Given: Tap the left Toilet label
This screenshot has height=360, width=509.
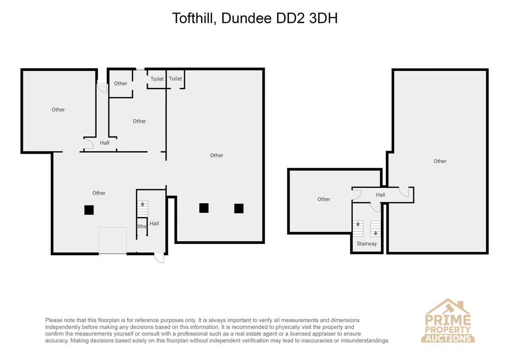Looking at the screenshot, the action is point(157,79).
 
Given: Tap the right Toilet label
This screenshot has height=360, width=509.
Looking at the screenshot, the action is point(175,79).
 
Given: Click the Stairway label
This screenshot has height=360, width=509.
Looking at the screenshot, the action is point(367,244).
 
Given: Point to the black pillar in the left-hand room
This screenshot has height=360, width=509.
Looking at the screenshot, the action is point(89,210).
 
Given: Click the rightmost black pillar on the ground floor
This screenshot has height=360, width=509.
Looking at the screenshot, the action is point(239,208).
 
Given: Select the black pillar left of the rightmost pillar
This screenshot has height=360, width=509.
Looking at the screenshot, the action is point(204,208).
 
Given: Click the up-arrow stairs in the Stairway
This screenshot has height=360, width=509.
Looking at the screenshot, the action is point(375,228).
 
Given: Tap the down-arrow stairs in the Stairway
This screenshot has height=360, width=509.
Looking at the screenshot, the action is point(358,228).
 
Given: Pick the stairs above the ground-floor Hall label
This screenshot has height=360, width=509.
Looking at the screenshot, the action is point(143,209).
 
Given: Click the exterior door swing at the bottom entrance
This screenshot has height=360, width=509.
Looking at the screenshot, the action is point(159,258).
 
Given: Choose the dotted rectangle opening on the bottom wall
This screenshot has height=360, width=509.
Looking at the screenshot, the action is point(112,240).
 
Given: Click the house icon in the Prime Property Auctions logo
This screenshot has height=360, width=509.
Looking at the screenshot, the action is point(448,307).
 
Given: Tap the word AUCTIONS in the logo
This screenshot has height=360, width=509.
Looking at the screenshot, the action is point(448,339).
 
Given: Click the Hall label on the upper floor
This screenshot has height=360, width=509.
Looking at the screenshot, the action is point(380,195).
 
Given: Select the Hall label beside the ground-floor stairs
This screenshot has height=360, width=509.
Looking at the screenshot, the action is point(154,224).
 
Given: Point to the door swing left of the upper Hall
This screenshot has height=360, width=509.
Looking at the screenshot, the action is point(357,195).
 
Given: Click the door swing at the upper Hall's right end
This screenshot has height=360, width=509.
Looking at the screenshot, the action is point(404,192).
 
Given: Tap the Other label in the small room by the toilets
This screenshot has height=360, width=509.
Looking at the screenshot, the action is point(120,84).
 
